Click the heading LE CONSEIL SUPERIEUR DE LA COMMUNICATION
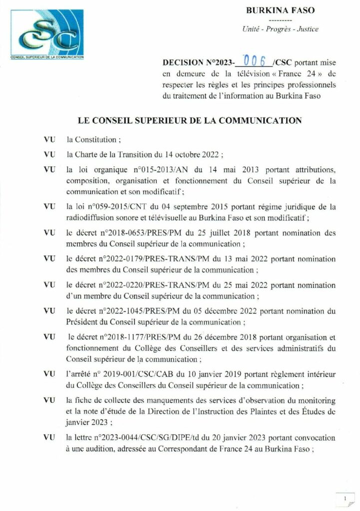(x=190, y=120)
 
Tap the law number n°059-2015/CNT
(x=111, y=206)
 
